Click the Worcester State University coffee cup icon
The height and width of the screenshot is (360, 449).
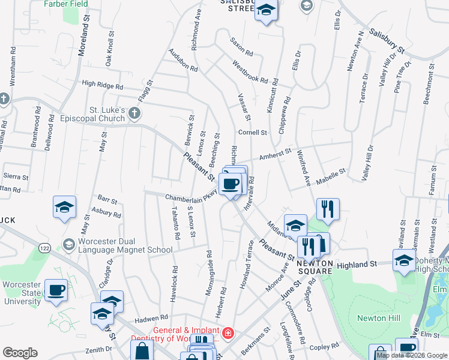point(56,290)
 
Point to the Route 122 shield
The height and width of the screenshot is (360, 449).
point(44,247)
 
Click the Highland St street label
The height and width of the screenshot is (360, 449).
point(355,264)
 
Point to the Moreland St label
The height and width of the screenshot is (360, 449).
point(84,37)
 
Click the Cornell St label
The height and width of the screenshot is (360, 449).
point(252,132)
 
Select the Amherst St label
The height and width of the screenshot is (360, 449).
point(274,155)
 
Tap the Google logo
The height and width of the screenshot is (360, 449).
point(20,353)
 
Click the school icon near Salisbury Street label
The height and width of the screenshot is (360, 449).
point(266,10)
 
